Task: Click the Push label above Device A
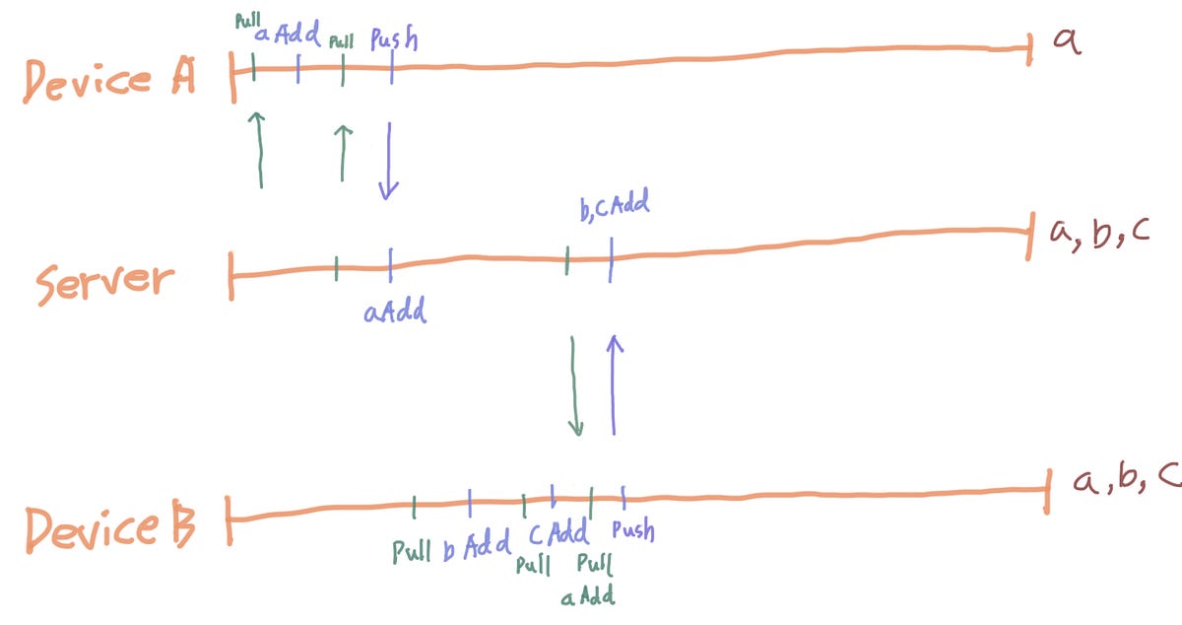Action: (394, 40)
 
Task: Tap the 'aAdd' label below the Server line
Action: (394, 313)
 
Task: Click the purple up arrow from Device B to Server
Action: (615, 384)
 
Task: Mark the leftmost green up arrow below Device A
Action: (259, 149)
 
